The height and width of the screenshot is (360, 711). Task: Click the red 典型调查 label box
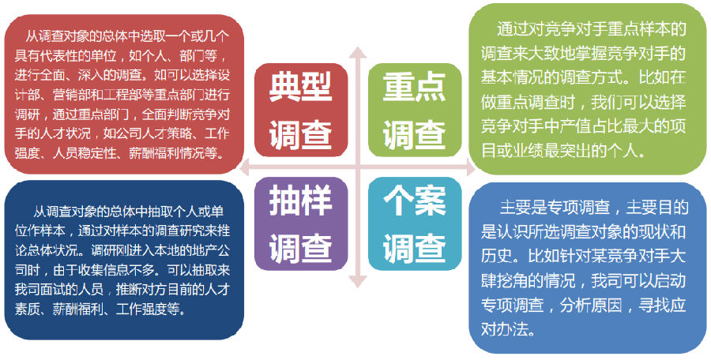pos(301,111)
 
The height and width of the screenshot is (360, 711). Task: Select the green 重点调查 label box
pos(415,111)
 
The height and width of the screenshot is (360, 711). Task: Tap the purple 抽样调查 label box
pos(301,224)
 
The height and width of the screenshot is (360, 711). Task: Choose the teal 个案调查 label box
pos(415,224)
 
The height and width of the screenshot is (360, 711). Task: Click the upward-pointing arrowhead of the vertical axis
pos(358,52)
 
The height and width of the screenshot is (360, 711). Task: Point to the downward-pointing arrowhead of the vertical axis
pos(358,281)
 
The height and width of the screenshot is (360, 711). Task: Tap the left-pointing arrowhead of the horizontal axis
pos(246,167)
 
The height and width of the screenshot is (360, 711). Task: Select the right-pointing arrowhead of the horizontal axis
pos(470,167)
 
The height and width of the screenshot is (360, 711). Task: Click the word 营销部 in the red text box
pos(70,96)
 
